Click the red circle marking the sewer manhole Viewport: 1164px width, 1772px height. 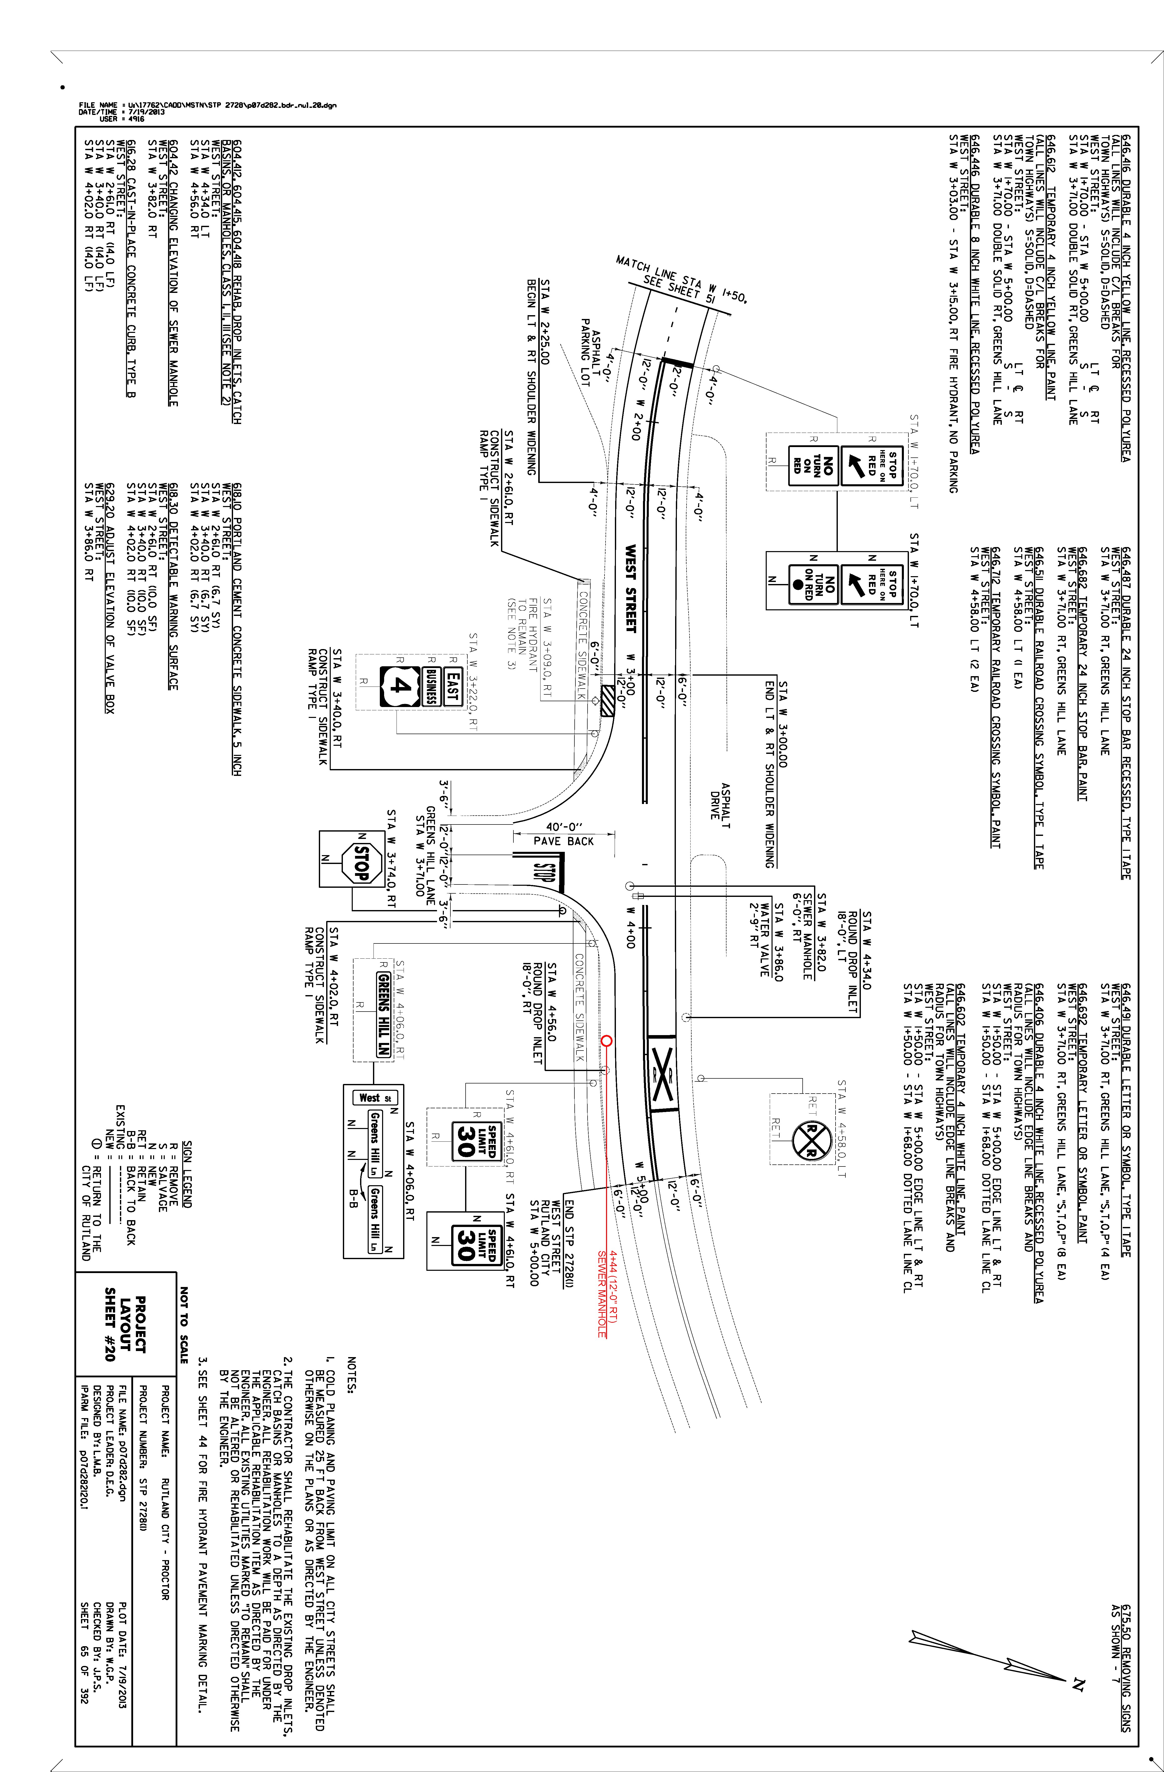[x=607, y=1041]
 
